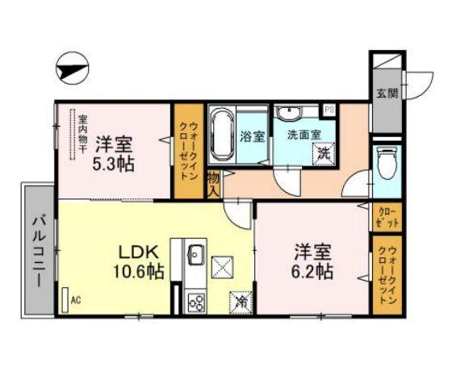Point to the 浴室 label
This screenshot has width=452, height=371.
pyautogui.click(x=253, y=135)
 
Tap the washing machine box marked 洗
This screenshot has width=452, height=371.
pyautogui.click(x=324, y=151)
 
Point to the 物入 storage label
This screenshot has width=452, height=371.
pyautogui.click(x=214, y=185)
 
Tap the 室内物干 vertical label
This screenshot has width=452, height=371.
pyautogui.click(x=82, y=134)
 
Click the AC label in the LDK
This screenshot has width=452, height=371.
pyautogui.click(x=77, y=300)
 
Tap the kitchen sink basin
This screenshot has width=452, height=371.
pyautogui.click(x=195, y=256)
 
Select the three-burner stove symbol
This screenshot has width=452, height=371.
pyautogui.click(x=195, y=302)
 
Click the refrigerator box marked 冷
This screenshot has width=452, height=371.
pyautogui.click(x=239, y=302)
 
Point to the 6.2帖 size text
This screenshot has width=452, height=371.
pyautogui.click(x=312, y=271)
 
